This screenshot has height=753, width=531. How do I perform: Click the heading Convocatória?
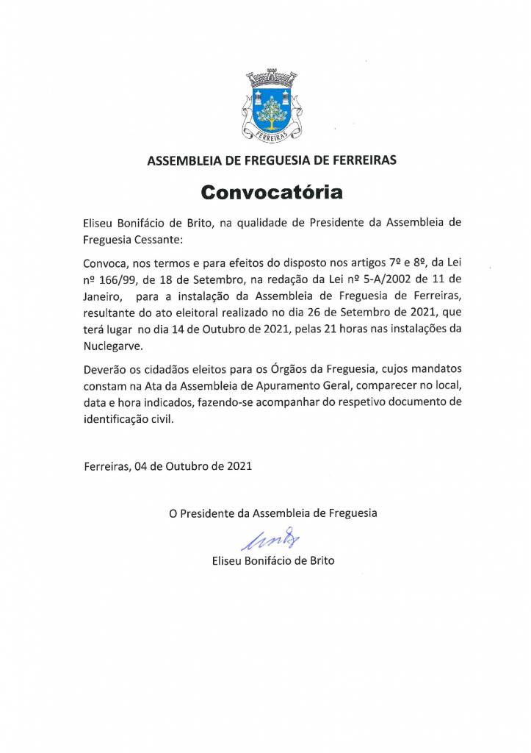(x=272, y=193)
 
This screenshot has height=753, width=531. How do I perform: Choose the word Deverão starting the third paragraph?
(x=105, y=368)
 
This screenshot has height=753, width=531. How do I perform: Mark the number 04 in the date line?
(x=142, y=465)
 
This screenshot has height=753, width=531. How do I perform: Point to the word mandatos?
(x=438, y=368)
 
